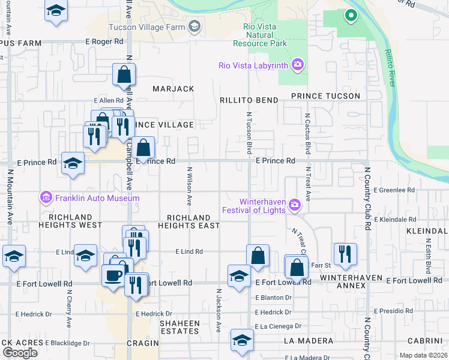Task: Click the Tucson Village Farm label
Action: coord(147,26)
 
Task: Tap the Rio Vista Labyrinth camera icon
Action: coord(297,65)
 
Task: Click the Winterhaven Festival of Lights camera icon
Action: coord(294,205)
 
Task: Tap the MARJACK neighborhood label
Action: coord(173,89)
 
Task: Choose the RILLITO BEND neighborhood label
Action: coord(249,100)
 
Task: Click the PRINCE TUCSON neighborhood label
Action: coord(325,96)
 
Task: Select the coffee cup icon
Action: coord(113,277)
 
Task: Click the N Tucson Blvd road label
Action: coord(249,131)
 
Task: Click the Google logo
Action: coord(20,352)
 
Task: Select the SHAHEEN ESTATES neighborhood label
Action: coord(179,327)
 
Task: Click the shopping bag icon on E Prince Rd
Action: coord(144,147)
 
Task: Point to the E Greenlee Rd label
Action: coord(394,190)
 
